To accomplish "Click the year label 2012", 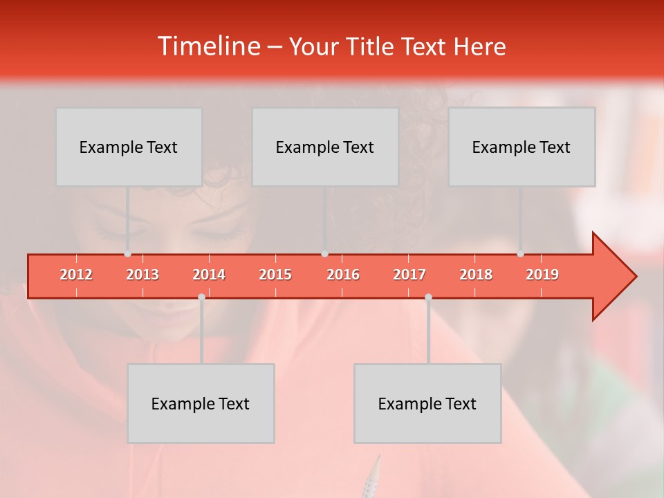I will [x=76, y=275].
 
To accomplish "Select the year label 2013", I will [x=142, y=275].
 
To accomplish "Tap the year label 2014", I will [x=209, y=275].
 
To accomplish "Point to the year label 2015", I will [x=275, y=275].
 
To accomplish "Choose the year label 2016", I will [x=343, y=275].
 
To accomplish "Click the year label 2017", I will [x=409, y=275].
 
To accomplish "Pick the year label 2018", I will [x=476, y=275].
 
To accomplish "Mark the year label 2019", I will [x=542, y=275].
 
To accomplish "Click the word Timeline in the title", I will [x=207, y=46].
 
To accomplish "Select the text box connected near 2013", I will [x=129, y=147].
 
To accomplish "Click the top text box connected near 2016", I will [x=325, y=147].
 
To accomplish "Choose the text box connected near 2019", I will [x=522, y=147].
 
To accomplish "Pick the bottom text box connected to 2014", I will [x=201, y=403].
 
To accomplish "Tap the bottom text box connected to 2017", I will [x=427, y=403].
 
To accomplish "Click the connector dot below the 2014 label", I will [x=201, y=297].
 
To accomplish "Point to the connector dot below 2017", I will [x=428, y=297].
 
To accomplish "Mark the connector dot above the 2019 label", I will [x=520, y=254].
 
